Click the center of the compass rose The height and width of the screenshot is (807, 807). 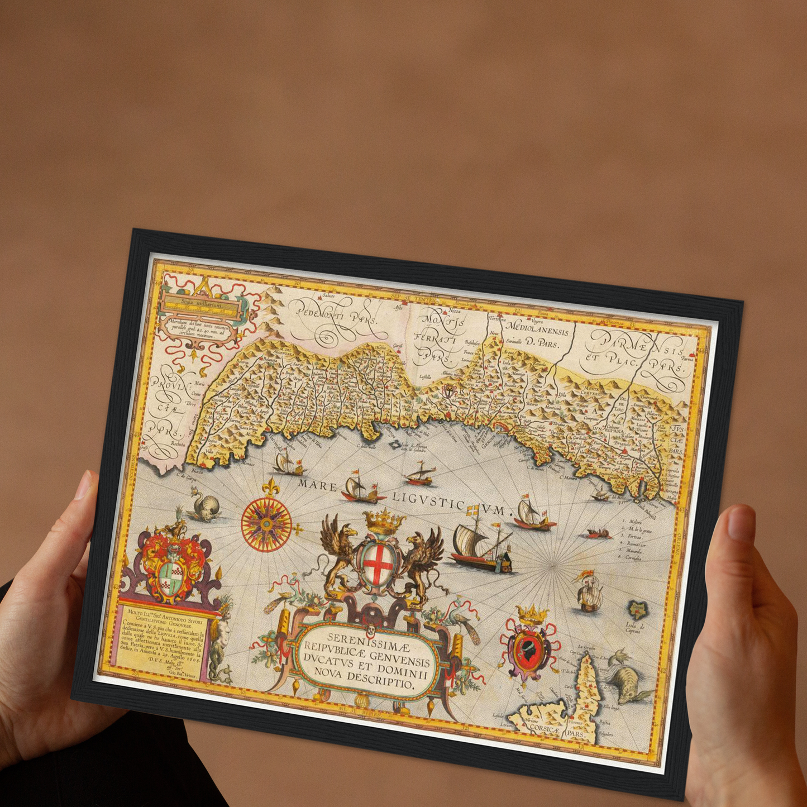pyautogui.click(x=267, y=523)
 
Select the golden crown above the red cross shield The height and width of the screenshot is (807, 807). pyautogui.click(x=384, y=522)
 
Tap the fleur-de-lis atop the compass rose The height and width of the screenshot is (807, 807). pyautogui.click(x=272, y=486)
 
